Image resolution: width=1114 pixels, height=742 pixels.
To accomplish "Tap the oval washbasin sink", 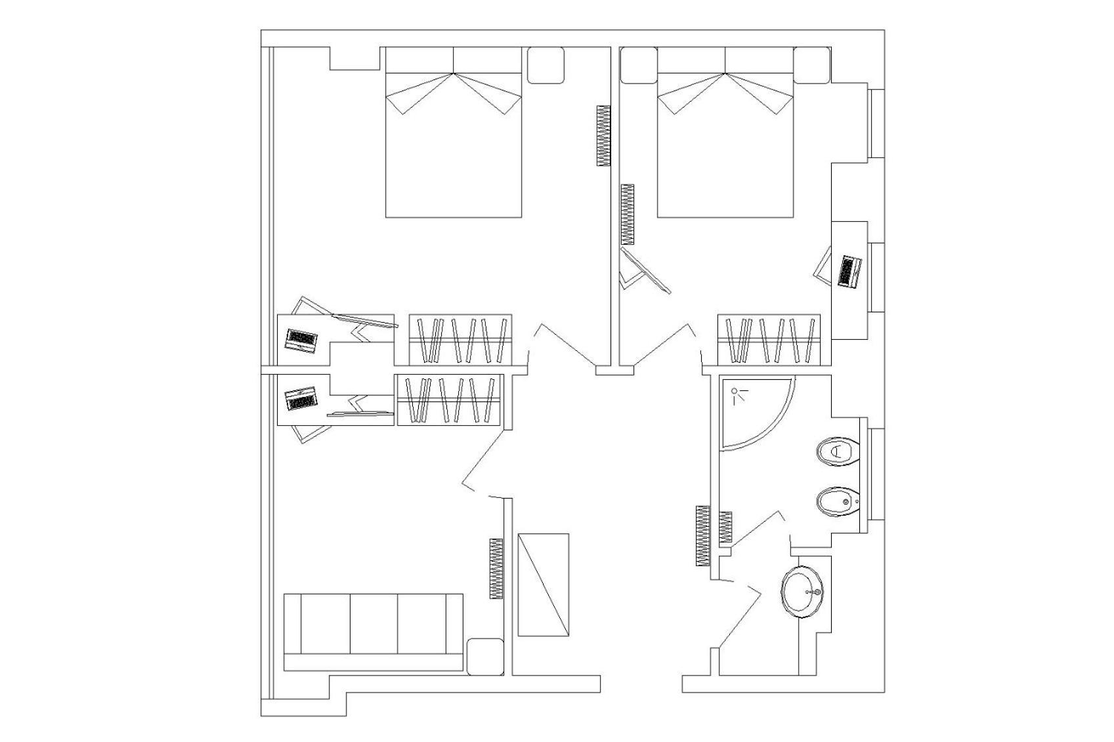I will point(802,592).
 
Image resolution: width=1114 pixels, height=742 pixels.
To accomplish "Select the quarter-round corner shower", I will point(752,410).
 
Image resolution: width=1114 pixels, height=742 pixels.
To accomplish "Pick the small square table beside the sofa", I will point(484,656).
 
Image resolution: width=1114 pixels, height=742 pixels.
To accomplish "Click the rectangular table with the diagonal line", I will point(543,585).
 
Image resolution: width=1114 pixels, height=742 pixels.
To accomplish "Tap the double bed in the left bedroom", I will point(453,141).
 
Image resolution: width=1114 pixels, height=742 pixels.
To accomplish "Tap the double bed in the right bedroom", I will point(725,141).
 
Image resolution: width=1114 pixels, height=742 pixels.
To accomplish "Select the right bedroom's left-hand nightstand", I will point(638,65).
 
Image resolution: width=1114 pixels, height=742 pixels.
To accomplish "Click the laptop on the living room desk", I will point(301,399).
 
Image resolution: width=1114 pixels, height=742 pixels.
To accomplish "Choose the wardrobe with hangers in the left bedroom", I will point(460,340).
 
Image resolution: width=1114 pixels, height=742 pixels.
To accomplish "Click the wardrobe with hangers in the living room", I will point(448,400).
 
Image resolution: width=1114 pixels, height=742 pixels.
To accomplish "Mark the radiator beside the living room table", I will point(496,568).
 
